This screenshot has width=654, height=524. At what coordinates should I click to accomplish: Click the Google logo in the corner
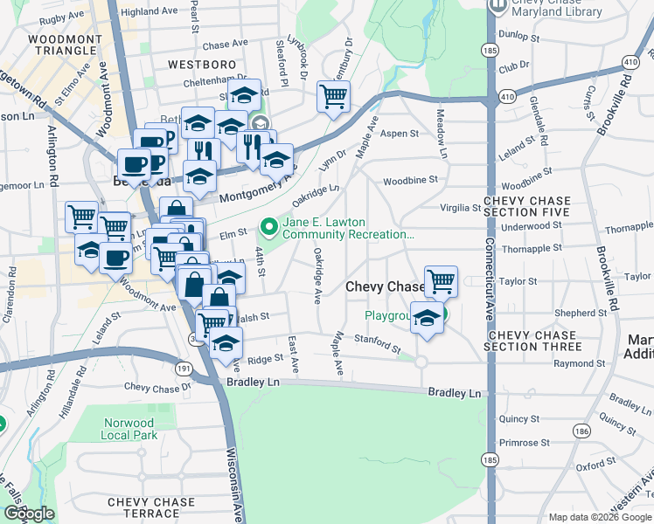point(28,514)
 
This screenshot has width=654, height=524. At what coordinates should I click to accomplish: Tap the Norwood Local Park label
point(125,429)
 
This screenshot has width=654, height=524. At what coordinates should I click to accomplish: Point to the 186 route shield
point(581,431)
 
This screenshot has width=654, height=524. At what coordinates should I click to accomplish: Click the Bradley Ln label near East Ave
point(253,383)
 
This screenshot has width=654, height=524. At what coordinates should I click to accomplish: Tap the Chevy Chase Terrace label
point(150,508)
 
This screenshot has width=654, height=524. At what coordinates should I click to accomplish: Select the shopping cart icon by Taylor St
point(442,281)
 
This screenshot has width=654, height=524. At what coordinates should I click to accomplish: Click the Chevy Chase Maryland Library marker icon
point(498,5)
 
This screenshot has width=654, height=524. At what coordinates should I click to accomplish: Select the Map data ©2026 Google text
point(599,517)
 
